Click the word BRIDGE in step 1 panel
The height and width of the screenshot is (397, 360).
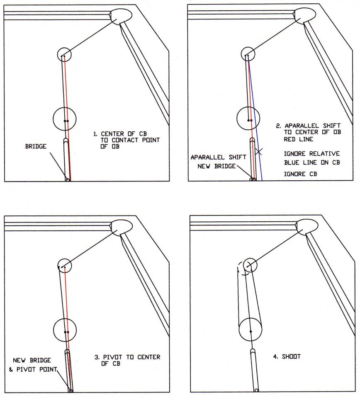(x=36, y=147)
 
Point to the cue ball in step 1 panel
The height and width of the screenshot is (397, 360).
(x=65, y=119)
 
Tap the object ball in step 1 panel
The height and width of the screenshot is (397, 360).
(x=64, y=54)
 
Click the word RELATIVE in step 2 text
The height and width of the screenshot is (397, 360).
(x=323, y=153)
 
